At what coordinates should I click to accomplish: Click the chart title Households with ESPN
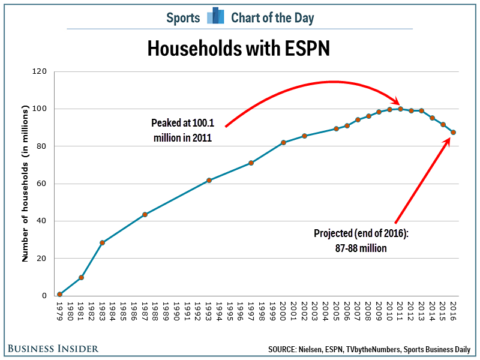click(239, 49)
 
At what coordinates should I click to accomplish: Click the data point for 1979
click(60, 294)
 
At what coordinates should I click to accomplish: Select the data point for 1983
click(103, 242)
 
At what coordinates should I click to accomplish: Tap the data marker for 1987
click(145, 214)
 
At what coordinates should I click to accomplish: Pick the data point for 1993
click(209, 180)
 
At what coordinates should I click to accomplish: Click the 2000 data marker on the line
click(283, 143)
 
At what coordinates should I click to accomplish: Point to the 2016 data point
click(453, 132)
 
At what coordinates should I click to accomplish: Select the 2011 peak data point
click(400, 109)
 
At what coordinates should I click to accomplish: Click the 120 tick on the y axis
click(40, 71)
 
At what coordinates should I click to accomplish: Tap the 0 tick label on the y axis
click(44, 296)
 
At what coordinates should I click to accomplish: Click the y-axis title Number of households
click(26, 184)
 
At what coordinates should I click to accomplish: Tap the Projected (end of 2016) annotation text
click(361, 240)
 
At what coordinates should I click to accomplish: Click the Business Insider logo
click(53, 348)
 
